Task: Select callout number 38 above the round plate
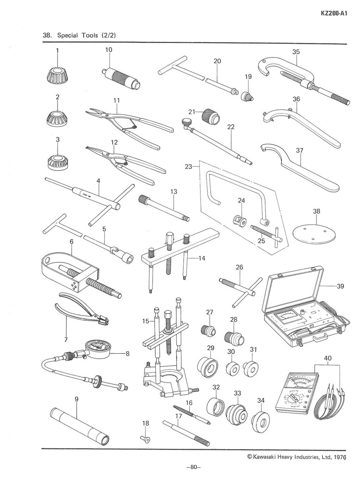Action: click(317, 211)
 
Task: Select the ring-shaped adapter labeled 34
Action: click(261, 422)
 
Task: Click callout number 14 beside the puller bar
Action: click(202, 258)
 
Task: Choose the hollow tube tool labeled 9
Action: click(79, 424)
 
